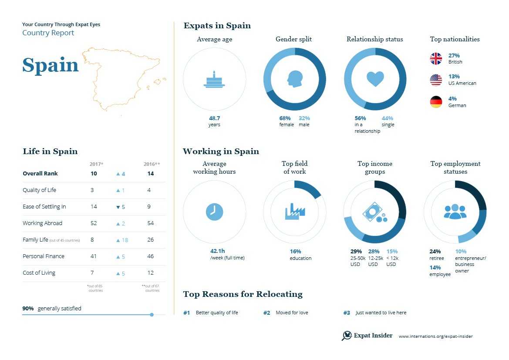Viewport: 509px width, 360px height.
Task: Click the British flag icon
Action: pyautogui.click(x=436, y=59)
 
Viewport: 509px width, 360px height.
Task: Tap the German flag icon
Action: pyautogui.click(x=436, y=102)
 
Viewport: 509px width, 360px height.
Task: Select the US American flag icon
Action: pyautogui.click(x=436, y=80)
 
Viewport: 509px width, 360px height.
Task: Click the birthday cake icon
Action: pyautogui.click(x=214, y=80)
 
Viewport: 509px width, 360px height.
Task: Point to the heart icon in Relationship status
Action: pyautogui.click(x=375, y=79)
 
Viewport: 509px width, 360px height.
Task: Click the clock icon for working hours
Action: pyautogui.click(x=214, y=212)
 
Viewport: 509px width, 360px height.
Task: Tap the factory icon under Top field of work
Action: pyautogui.click(x=295, y=212)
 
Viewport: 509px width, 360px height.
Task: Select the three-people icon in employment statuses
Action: pyautogui.click(x=455, y=211)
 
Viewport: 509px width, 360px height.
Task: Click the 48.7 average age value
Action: pyautogui.click(x=214, y=118)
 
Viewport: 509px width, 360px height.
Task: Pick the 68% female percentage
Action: pyautogui.click(x=285, y=118)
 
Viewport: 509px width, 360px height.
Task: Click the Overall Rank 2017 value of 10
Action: pyautogui.click(x=94, y=174)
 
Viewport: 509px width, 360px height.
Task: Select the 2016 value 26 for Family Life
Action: pyautogui.click(x=150, y=240)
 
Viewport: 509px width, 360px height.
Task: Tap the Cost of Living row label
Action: pyautogui.click(x=39, y=273)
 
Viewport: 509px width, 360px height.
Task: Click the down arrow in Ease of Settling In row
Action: pyautogui.click(x=118, y=207)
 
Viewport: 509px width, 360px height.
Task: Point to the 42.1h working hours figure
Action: pyautogui.click(x=217, y=251)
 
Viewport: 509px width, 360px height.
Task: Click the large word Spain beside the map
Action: pyautogui.click(x=51, y=65)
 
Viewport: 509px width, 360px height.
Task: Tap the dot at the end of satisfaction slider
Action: pyautogui.click(x=152, y=314)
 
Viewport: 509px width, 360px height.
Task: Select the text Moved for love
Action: pyautogui.click(x=292, y=313)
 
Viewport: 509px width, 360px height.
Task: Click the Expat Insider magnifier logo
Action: pyautogui.click(x=347, y=336)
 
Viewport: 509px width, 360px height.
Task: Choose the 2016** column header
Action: pyautogui.click(x=152, y=164)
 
